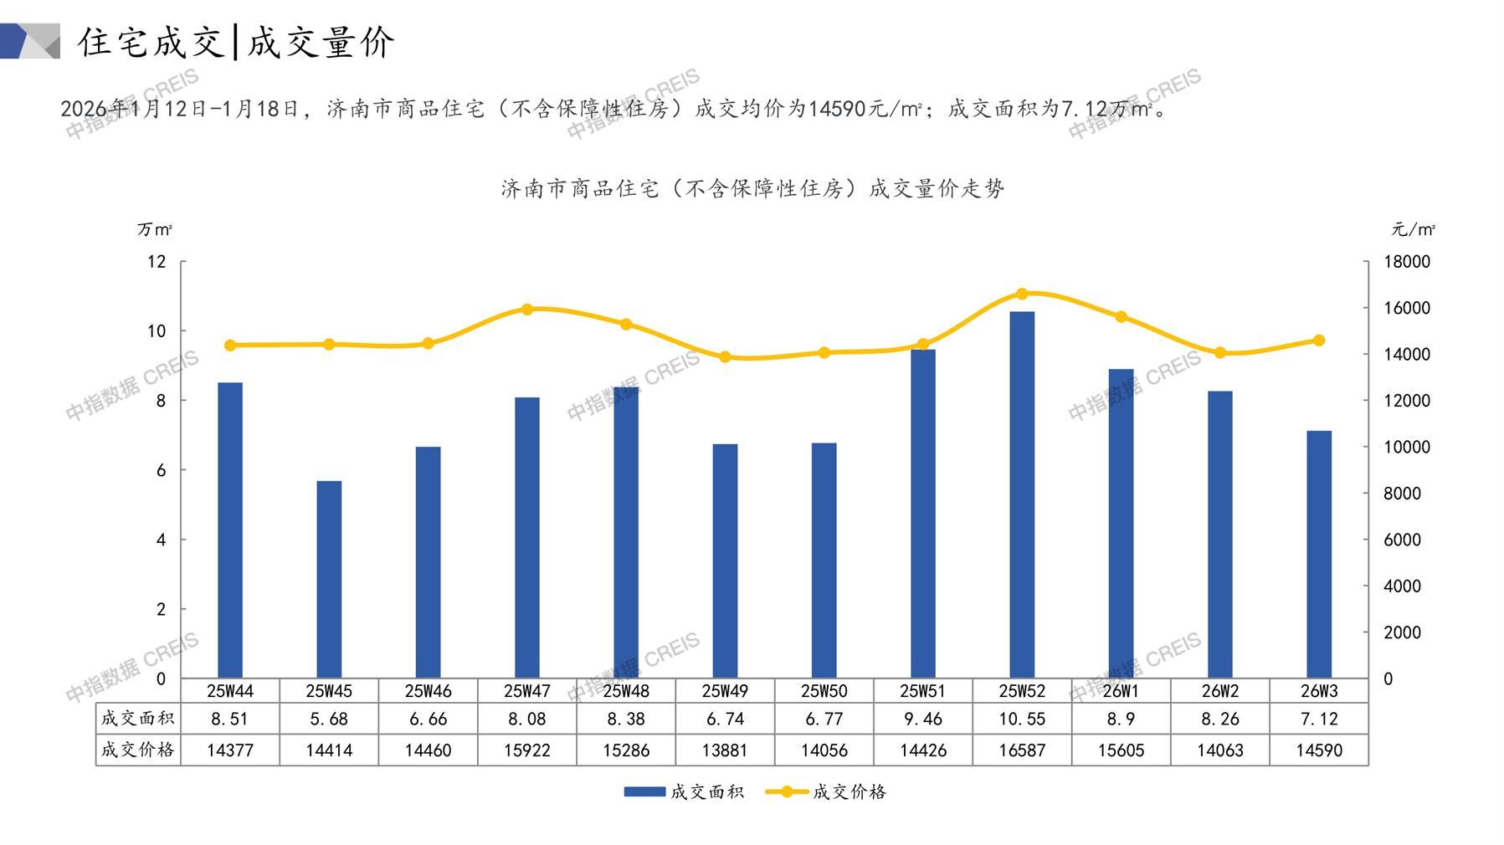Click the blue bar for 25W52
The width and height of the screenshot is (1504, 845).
1022,494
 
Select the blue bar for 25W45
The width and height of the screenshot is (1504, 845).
329,579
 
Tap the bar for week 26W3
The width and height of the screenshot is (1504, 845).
1319,554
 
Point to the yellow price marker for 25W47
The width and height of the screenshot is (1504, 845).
527,310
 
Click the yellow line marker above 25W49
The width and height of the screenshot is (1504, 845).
725,357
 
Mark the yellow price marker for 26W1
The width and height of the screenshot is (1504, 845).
1122,317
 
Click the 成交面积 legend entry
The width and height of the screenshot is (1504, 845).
685,791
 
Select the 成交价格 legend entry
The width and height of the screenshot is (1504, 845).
827,791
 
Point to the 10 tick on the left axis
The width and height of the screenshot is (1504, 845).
157,331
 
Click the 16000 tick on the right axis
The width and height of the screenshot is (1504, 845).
1407,308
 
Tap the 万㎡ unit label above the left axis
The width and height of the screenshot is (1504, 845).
155,229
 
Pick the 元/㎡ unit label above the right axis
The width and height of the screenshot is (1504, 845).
1413,229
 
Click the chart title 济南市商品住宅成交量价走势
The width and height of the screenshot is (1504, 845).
752,189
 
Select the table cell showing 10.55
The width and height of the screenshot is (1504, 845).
1022,719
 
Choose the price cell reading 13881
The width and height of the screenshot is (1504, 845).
725,750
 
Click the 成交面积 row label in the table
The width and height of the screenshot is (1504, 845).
137,719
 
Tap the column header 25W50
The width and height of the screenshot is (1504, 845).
824,691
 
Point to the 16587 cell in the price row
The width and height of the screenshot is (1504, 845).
1022,750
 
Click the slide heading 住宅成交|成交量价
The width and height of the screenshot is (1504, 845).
236,42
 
